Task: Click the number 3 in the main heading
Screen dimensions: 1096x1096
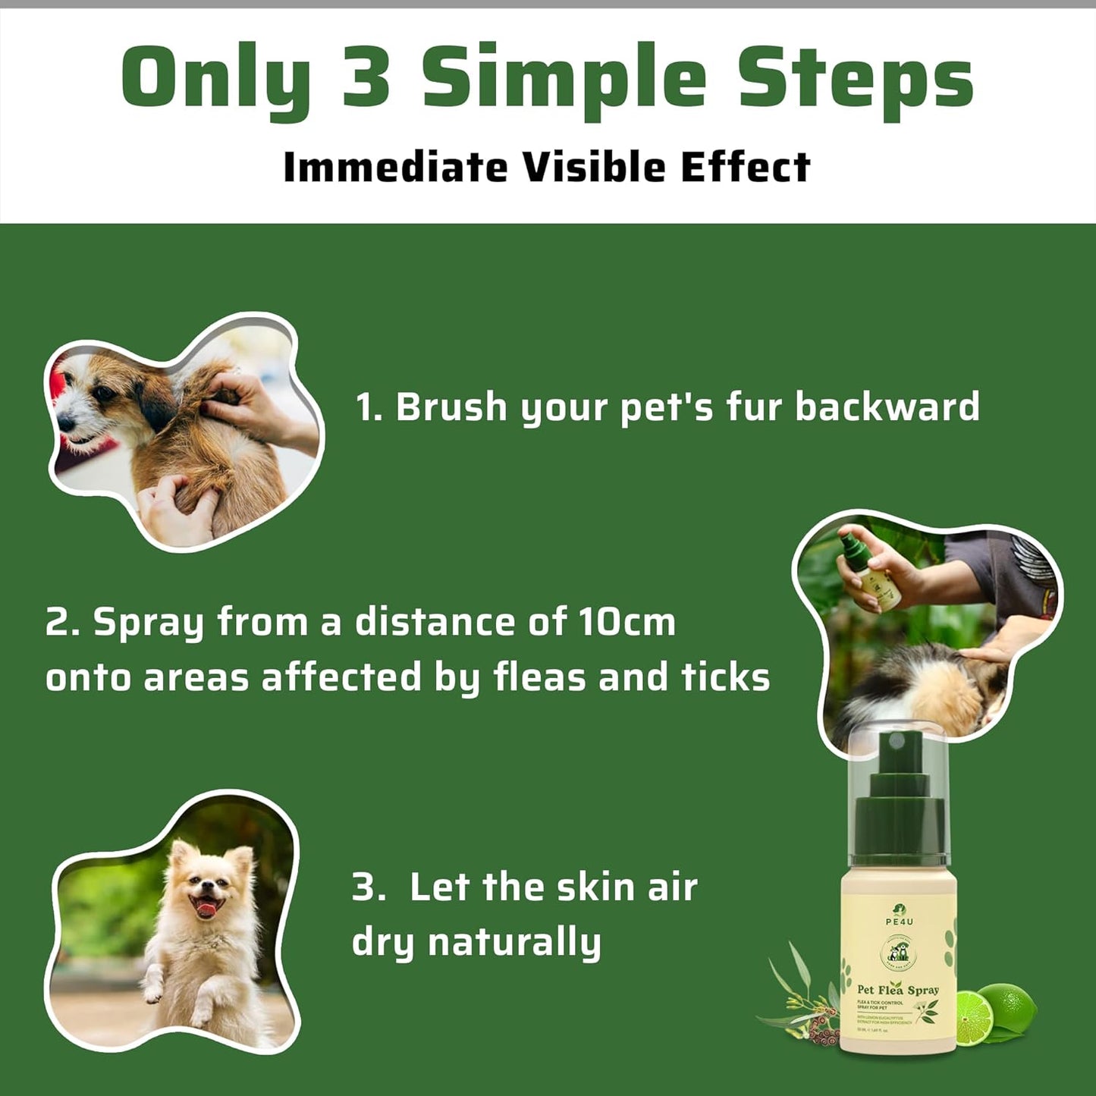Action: point(366,77)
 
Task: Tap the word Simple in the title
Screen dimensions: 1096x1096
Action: point(564,79)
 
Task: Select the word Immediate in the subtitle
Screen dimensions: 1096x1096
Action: point(394,168)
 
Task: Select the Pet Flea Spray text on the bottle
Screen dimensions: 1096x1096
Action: point(897,990)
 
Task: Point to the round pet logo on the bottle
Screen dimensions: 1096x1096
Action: point(899,953)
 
